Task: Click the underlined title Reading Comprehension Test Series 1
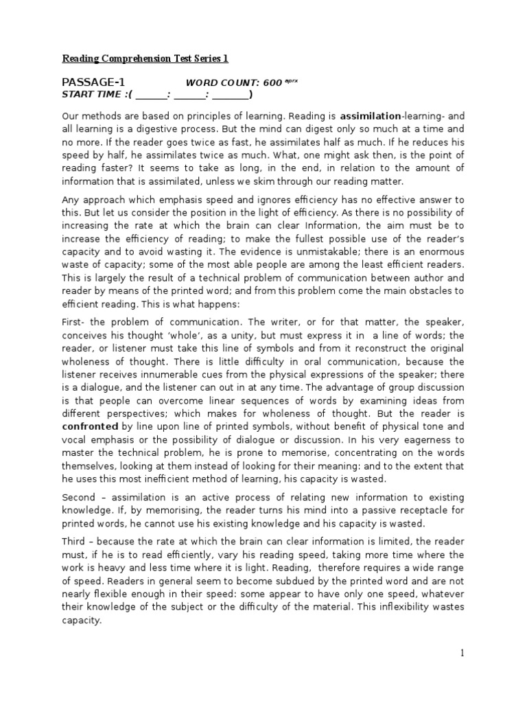[x=145, y=59]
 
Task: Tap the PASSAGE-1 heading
[x=93, y=82]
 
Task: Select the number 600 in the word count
[x=272, y=83]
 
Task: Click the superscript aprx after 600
[x=291, y=80]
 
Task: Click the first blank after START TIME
[x=152, y=95]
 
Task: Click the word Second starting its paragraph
[x=79, y=497]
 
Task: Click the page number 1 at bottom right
[x=462, y=654]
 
